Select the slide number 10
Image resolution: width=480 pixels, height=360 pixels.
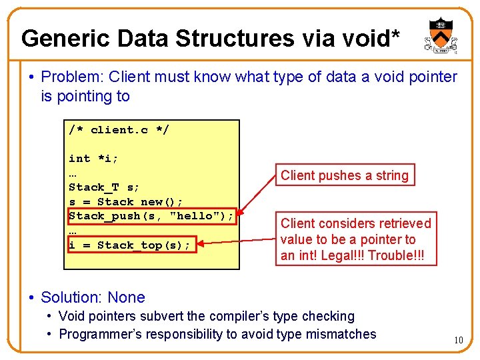tap(459, 341)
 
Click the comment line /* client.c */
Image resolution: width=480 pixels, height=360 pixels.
tap(119, 129)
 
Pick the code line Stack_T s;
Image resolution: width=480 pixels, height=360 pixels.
tap(103, 187)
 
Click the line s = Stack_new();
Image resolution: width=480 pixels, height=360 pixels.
tap(125, 201)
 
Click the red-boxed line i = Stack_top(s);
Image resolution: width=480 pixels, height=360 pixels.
tap(130, 245)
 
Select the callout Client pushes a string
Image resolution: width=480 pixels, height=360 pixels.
tap(345, 175)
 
